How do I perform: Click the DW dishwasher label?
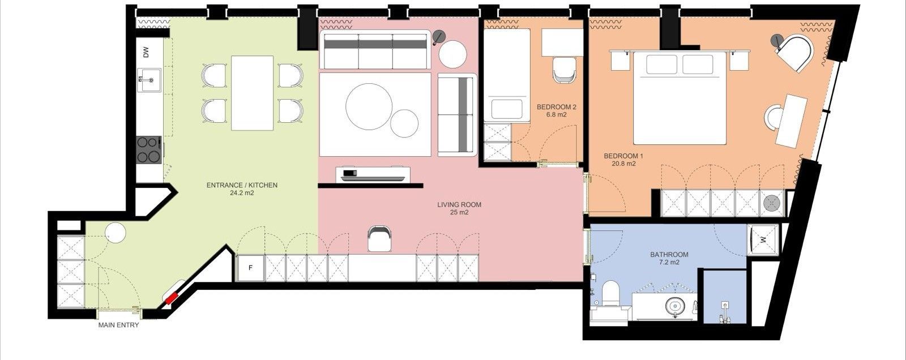(146, 52)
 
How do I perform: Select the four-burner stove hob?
(148, 149)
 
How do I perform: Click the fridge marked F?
(250, 268)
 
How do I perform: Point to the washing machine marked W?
(763, 240)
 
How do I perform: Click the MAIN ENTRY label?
(118, 325)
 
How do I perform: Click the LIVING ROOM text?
(459, 205)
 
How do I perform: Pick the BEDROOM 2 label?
(557, 107)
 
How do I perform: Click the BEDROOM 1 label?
(623, 156)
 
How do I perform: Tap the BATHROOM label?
(669, 255)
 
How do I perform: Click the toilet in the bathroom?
(609, 294)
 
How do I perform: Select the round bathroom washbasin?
(674, 307)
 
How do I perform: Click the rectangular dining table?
(253, 93)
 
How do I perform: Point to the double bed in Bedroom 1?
(679, 97)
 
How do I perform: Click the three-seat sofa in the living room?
(375, 50)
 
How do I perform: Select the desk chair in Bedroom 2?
(564, 70)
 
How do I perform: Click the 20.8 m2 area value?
(623, 164)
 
